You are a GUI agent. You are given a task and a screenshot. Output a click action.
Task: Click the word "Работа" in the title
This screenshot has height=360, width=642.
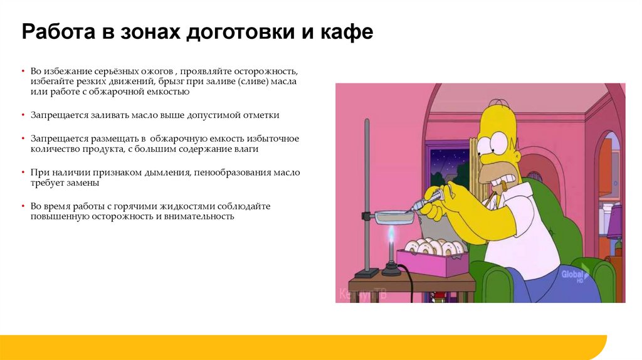(x=56, y=32)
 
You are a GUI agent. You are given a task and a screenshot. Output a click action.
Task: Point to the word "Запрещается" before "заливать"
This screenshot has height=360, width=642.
(x=57, y=115)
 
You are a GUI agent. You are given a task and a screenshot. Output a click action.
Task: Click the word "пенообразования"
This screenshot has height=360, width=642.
(x=235, y=172)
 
